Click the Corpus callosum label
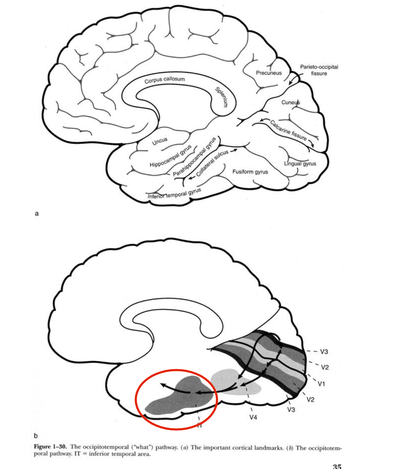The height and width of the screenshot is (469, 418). tap(164, 80)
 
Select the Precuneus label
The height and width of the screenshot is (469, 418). tap(269, 73)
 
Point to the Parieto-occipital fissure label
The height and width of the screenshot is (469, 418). tap(319, 70)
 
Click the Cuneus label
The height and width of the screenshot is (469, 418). tap(290, 102)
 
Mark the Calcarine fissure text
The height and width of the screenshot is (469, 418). tap(288, 130)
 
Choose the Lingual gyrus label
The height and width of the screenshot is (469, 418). tap(300, 164)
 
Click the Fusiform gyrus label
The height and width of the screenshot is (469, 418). tap(250, 172)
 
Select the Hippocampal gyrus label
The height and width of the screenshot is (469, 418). tap(171, 156)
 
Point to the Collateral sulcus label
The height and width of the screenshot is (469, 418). tap(212, 163)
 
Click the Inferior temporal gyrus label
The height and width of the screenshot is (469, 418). tap(174, 194)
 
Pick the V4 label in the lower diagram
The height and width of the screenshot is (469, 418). tap(253, 417)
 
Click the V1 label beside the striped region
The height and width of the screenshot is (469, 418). tap(321, 384)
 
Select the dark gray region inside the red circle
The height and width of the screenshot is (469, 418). tap(180, 399)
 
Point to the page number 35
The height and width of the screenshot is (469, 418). tap(337, 466)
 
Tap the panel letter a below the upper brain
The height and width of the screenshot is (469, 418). tap(37, 214)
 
